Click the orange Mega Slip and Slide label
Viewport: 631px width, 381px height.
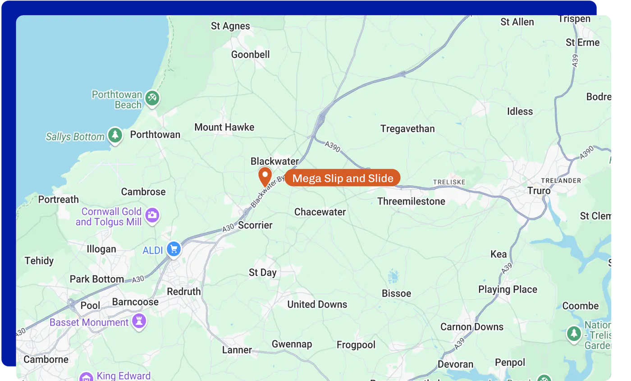tap(343, 178)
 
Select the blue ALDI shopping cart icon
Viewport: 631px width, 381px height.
tap(174, 249)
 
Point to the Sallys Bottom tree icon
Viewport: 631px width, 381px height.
tap(115, 135)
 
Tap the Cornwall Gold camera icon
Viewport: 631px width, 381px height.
tap(153, 215)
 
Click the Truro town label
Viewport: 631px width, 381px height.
tap(539, 191)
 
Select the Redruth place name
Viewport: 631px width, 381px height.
tap(184, 291)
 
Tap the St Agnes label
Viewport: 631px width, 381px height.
tap(230, 26)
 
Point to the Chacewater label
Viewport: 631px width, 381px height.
tap(320, 212)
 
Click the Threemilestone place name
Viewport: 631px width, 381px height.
tap(411, 201)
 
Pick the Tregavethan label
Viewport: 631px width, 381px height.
tap(407, 129)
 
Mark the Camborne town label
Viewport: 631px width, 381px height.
tap(46, 359)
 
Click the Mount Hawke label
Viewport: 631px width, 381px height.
tap(224, 127)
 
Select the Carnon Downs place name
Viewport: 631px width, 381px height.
tap(472, 327)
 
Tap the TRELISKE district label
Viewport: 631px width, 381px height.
tap(449, 182)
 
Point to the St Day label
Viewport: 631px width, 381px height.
tap(263, 272)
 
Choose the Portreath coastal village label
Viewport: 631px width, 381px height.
tap(58, 199)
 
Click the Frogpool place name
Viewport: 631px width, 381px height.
tap(356, 345)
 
